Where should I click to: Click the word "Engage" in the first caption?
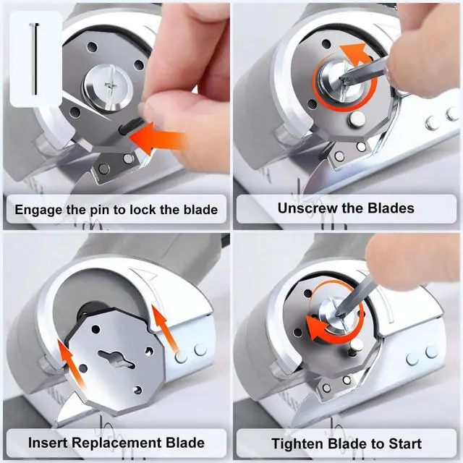[x=39, y=210]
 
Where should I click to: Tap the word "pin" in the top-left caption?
[x=100, y=210]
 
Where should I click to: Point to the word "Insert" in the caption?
[x=48, y=443]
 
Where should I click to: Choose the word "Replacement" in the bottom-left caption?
[x=116, y=443]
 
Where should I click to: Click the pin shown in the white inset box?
[x=35, y=59]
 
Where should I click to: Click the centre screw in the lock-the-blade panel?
[x=109, y=86]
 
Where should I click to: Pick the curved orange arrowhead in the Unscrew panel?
[x=355, y=54]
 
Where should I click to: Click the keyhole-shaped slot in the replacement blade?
[x=116, y=359]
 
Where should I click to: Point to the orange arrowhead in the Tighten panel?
[x=317, y=328]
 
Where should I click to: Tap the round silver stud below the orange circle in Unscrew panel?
[x=357, y=119]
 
